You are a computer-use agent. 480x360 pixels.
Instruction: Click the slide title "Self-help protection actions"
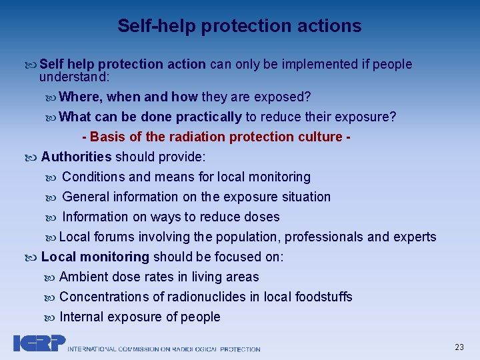pos(239,26)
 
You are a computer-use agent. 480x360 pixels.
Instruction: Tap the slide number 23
pos(459,347)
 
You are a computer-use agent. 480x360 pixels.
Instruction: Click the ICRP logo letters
pos(39,343)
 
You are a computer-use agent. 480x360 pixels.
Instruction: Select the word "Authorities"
pos(76,157)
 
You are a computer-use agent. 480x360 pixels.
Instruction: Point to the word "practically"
pos(209,117)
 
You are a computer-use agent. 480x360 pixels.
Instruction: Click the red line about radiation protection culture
pos(217,137)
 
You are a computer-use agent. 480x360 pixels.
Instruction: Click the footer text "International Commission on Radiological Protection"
pos(164,349)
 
